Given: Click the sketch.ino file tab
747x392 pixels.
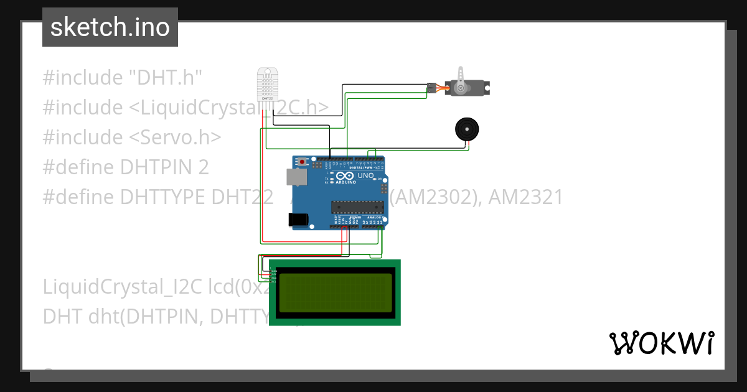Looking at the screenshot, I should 110,27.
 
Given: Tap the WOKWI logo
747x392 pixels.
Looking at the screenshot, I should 661,343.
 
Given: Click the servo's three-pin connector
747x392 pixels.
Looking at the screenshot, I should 431,88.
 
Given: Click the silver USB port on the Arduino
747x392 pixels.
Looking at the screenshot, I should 296,177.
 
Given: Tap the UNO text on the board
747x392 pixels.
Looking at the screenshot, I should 365,176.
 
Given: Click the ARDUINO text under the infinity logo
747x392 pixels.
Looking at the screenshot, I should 345,182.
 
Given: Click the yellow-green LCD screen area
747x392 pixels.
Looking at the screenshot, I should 334,292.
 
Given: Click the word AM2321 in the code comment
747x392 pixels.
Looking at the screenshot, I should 525,197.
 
